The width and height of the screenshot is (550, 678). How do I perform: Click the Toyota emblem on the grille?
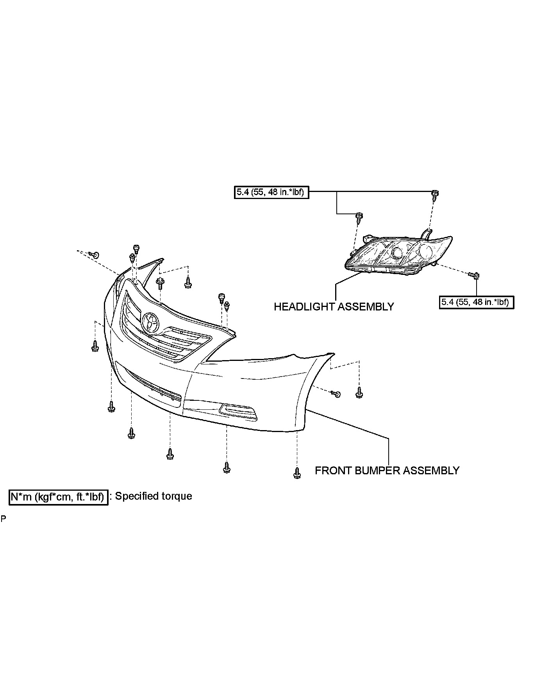point(151,323)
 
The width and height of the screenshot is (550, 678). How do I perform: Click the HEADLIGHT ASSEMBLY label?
point(334,307)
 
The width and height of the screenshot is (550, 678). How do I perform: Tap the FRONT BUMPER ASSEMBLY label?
point(387,470)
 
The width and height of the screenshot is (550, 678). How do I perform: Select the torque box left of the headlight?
point(271,192)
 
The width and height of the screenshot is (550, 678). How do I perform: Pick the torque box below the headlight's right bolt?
point(476,302)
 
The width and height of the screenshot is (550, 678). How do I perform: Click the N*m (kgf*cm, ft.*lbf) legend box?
point(58,497)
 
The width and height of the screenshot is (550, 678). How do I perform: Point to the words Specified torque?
point(154,496)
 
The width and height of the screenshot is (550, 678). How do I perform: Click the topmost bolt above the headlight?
point(434,194)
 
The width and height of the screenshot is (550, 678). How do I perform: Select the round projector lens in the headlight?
point(398,253)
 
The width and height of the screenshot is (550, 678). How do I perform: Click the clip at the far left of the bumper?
point(95,255)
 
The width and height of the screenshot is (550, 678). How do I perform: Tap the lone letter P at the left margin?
point(4,519)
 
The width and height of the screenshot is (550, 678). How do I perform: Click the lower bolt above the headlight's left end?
point(359,216)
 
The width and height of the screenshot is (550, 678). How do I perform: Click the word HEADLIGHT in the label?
point(304,307)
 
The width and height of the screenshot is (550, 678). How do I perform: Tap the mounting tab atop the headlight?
point(427,233)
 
